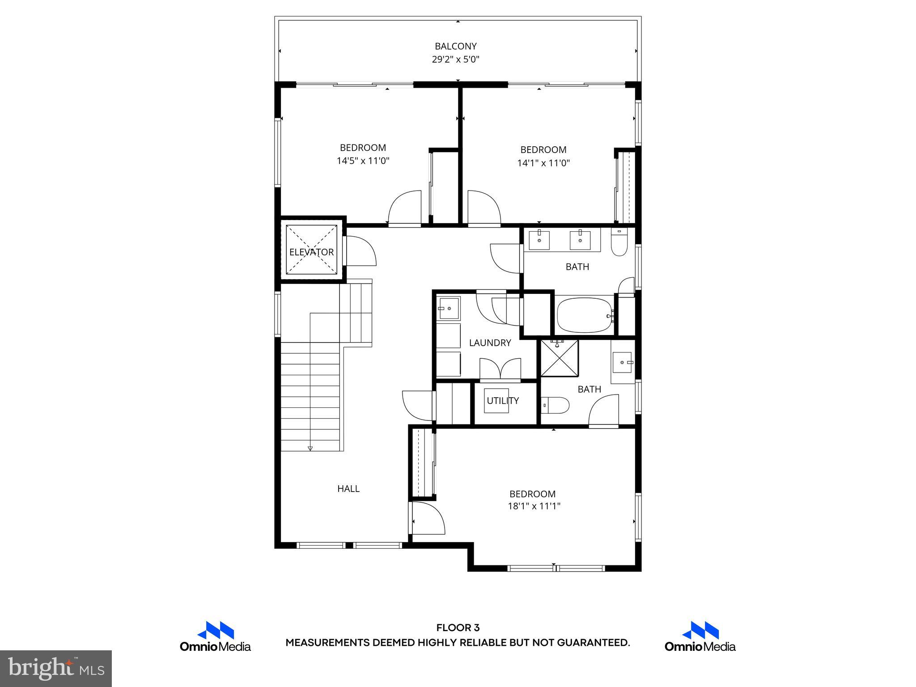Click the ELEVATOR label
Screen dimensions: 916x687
pyautogui.click(x=311, y=252)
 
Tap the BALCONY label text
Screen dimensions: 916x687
pyautogui.click(x=456, y=46)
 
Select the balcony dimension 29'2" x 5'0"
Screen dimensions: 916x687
pyautogui.click(x=456, y=59)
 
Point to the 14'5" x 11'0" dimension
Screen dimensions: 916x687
pyautogui.click(x=363, y=161)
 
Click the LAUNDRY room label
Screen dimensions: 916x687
pyautogui.click(x=490, y=343)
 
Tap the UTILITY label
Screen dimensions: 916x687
pyautogui.click(x=503, y=401)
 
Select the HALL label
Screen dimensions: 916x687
pyautogui.click(x=348, y=489)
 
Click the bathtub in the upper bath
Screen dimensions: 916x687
pyautogui.click(x=585, y=315)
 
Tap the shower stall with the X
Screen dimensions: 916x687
pyautogui.click(x=559, y=358)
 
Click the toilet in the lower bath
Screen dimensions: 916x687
pyautogui.click(x=556, y=406)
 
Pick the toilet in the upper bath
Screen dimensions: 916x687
pyautogui.click(x=619, y=243)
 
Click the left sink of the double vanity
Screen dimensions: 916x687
pyautogui.click(x=539, y=240)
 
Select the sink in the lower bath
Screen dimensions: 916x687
pyautogui.click(x=622, y=362)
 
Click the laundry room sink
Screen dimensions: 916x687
pyautogui.click(x=449, y=308)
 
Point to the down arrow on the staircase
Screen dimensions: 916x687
pyautogui.click(x=310, y=448)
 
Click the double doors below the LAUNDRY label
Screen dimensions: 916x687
pyautogui.click(x=500, y=369)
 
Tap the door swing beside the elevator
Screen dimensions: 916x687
pyautogui.click(x=360, y=252)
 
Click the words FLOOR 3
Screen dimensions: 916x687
pyautogui.click(x=458, y=628)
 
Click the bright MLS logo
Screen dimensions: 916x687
pyautogui.click(x=56, y=669)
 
